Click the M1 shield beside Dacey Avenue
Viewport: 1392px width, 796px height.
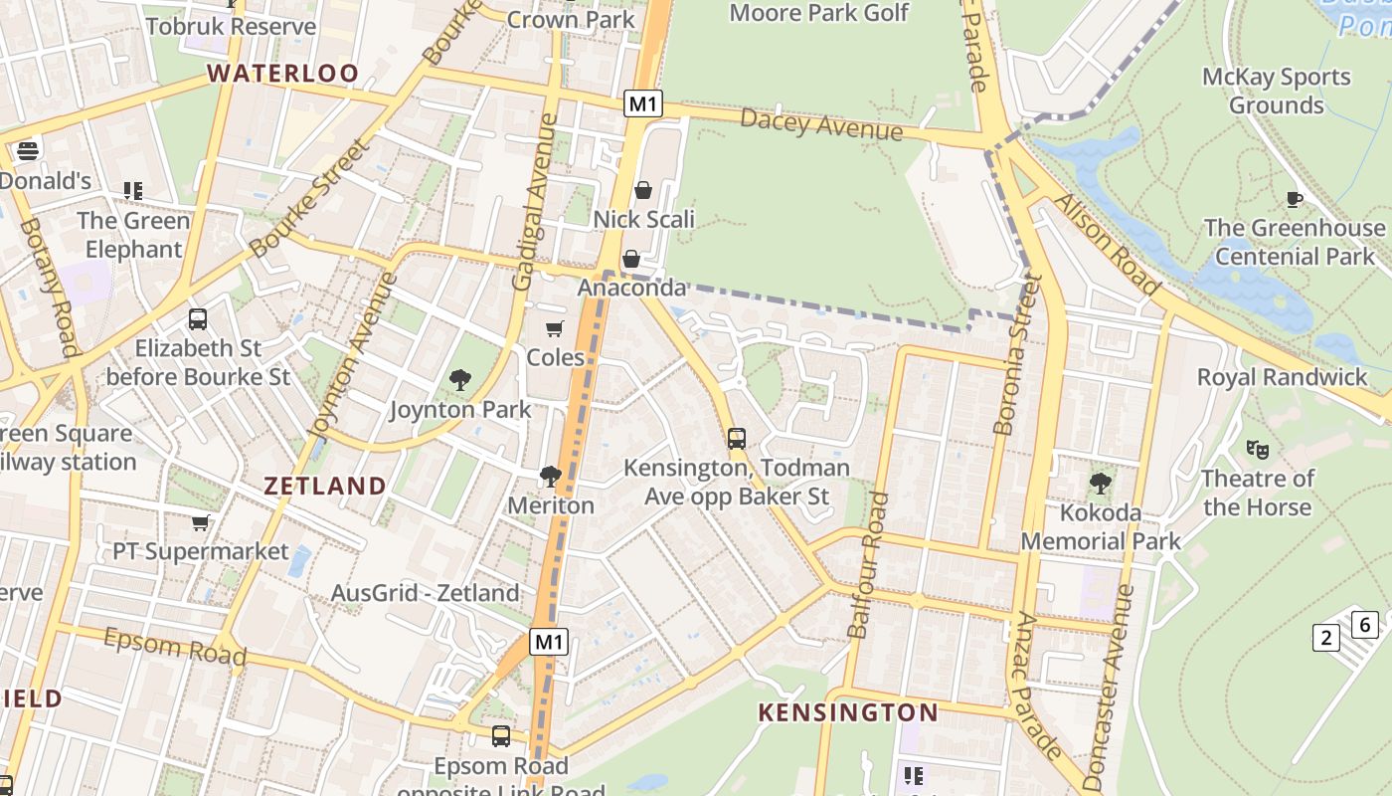(x=643, y=103)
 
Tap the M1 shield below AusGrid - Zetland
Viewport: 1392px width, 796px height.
(x=548, y=642)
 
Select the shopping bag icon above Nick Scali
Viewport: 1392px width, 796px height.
(x=643, y=190)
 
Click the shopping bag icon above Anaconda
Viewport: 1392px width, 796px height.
(x=630, y=260)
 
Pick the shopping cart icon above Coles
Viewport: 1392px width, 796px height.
(x=554, y=328)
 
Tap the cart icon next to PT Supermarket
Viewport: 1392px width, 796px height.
(x=200, y=522)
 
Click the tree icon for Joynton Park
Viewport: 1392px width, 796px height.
(x=459, y=379)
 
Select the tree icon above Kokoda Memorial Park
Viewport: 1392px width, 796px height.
(x=1100, y=484)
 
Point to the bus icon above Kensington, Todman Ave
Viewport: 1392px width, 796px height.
(x=736, y=438)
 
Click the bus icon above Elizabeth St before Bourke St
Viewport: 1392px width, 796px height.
(x=198, y=319)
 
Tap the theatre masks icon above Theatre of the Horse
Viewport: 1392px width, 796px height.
(x=1257, y=450)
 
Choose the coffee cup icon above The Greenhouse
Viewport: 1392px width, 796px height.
(x=1294, y=199)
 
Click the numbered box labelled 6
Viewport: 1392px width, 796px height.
(x=1365, y=625)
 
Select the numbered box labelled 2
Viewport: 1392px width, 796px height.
(x=1325, y=637)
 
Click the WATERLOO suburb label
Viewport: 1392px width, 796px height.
(x=282, y=73)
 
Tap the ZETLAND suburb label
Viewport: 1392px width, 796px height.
(x=324, y=486)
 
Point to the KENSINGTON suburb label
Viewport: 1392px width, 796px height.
(x=847, y=712)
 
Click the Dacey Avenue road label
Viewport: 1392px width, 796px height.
(x=821, y=124)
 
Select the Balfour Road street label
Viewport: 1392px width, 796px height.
(x=865, y=564)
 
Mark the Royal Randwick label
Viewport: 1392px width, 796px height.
(x=1282, y=377)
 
